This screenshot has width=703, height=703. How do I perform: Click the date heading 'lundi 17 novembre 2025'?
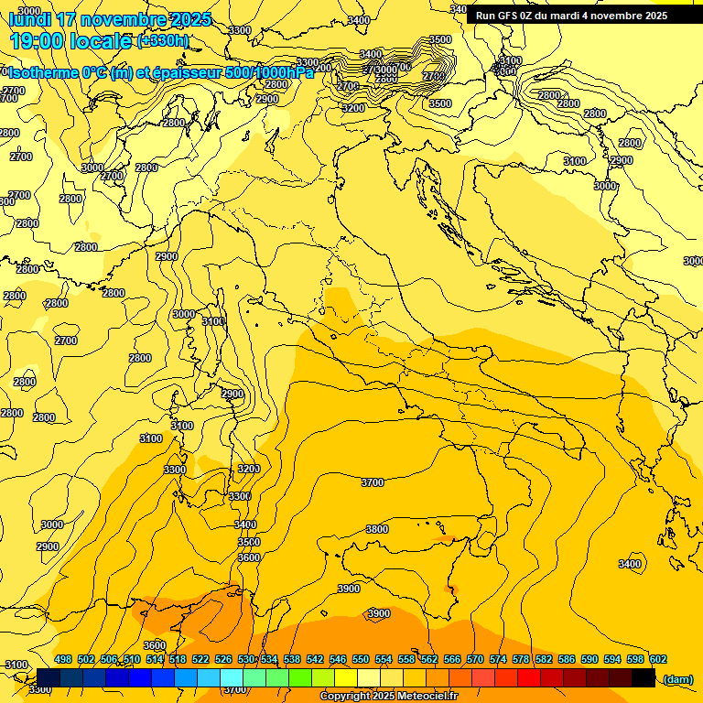point(110,19)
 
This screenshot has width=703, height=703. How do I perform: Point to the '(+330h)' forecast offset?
point(163,40)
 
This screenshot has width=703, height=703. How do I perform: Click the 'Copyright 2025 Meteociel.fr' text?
point(388,697)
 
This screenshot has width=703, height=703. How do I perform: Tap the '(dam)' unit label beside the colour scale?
point(677,678)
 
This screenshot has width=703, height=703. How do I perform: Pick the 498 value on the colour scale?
point(63,659)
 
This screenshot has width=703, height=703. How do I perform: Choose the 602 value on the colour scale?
point(658,659)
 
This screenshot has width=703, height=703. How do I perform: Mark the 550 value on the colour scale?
point(361,659)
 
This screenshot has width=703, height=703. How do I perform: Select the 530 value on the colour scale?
point(246,659)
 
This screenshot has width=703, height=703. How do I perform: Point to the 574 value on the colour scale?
point(498,659)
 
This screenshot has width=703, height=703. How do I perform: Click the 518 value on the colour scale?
point(178,659)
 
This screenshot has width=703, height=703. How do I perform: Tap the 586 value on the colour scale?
point(567,659)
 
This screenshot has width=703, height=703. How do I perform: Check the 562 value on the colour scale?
point(429,659)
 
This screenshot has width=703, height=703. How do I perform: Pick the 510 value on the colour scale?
point(132,659)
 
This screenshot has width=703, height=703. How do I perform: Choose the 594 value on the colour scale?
point(612,659)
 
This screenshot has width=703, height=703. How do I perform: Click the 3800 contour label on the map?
point(376,529)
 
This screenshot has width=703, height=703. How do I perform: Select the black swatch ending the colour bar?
point(644,678)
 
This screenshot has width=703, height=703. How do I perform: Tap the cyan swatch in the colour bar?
point(232,678)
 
